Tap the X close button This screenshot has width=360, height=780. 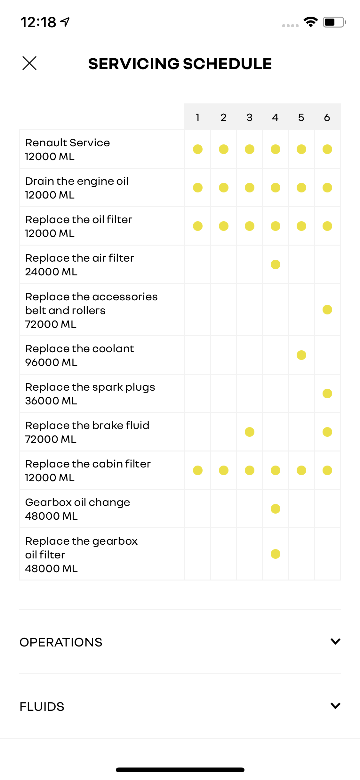pos(29,63)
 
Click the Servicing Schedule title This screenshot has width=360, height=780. pos(180,64)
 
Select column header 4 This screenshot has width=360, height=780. pos(275,118)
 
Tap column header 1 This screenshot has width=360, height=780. pos(198,118)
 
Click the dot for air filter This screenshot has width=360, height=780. pos(275,264)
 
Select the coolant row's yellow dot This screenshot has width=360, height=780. pos(301,355)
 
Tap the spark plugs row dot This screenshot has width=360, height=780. pos(327,394)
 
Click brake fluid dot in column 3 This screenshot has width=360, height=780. pos(250,432)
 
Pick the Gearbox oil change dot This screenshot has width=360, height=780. pos(275,509)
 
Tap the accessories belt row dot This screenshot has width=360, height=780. pos(327,310)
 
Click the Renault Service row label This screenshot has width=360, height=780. pos(68,143)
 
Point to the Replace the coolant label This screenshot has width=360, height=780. pos(80,349)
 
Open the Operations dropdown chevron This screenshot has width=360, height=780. pos(335,641)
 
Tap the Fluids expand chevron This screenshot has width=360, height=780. pos(335,706)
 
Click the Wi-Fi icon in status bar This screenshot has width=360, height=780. pos(310,22)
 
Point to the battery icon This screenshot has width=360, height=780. pos(334,22)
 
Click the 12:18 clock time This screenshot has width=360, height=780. pos(38,22)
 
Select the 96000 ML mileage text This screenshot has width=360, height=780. pos(51,362)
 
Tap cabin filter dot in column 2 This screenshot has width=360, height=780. pos(224,470)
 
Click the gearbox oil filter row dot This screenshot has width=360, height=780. pos(275,554)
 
